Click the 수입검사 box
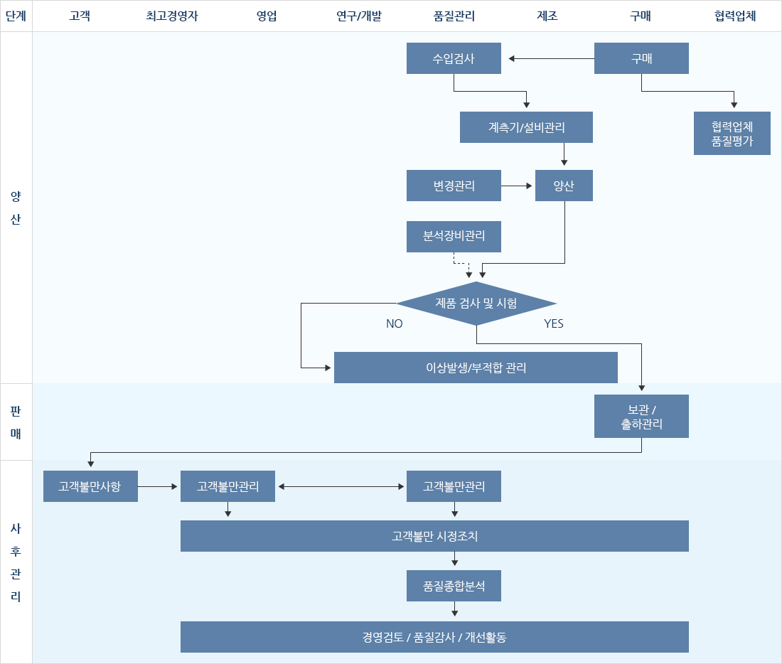pyautogui.click(x=454, y=58)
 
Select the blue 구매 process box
pyautogui.click(x=641, y=58)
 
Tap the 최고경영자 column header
pyautogui.click(x=172, y=16)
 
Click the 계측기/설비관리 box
pyautogui.click(x=526, y=127)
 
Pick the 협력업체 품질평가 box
pyautogui.click(x=732, y=133)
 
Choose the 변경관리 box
pyautogui.click(x=454, y=186)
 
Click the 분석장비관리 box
pyautogui.click(x=454, y=237)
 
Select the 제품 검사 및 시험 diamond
pyautogui.click(x=476, y=304)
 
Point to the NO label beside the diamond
pyautogui.click(x=395, y=323)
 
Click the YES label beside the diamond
pyautogui.click(x=554, y=323)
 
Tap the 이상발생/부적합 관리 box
pyautogui.click(x=476, y=368)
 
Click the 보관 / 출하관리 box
pyautogui.click(x=641, y=416)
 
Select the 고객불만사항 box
pyautogui.click(x=90, y=486)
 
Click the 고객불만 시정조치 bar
pyautogui.click(x=434, y=536)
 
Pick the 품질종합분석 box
pyautogui.click(x=454, y=586)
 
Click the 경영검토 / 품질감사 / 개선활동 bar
pyautogui.click(x=434, y=637)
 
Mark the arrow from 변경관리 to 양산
pyautogui.click(x=517, y=186)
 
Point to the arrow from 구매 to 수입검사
pyautogui.click(x=551, y=58)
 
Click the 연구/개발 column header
pyautogui.click(x=359, y=16)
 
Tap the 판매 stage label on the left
pyautogui.click(x=16, y=422)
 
